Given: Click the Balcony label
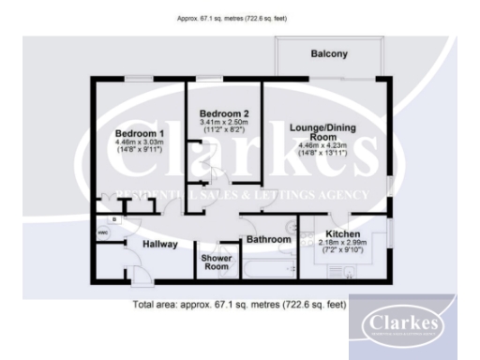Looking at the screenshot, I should (328, 54).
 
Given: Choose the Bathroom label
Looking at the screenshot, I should (269, 240).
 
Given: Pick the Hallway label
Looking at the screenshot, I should (159, 244).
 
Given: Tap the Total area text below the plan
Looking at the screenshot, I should (239, 305).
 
